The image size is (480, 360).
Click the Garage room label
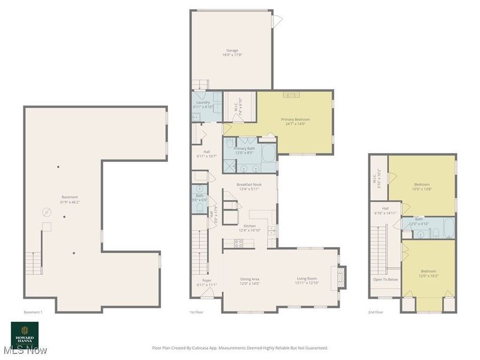(x=232, y=50)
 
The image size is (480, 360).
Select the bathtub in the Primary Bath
(x=268, y=151)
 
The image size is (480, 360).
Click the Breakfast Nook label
(x=248, y=185)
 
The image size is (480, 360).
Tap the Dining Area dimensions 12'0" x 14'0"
(x=250, y=284)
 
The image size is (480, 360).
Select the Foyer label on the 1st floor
(x=206, y=280)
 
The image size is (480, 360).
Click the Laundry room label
(x=203, y=103)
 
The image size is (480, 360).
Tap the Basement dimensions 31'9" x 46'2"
(x=70, y=202)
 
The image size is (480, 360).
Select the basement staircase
(x=34, y=262)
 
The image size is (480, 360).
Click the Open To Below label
(x=386, y=280)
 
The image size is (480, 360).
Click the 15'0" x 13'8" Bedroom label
(x=422, y=187)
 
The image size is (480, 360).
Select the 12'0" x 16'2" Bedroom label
(x=428, y=273)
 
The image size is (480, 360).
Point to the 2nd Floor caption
(x=376, y=312)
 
